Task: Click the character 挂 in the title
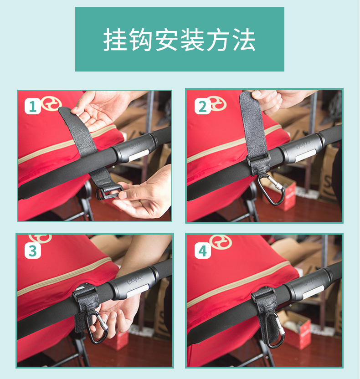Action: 116,40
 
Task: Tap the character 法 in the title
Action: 244,40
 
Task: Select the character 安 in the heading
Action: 167,40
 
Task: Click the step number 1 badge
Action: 32,106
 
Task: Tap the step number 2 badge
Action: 202,106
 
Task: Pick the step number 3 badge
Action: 33,251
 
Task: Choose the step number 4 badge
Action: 202,251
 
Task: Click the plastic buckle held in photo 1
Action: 108,192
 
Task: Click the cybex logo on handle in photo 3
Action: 135,279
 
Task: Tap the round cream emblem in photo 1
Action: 51,104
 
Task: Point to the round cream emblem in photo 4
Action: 220,242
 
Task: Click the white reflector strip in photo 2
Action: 305,155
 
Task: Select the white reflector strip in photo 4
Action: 313,292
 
